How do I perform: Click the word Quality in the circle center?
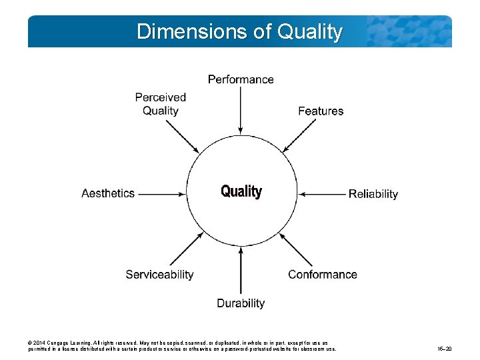[241, 192]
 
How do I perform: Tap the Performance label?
[241, 79]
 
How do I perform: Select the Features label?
[321, 111]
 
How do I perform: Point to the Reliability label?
[373, 194]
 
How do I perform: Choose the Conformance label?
[323, 274]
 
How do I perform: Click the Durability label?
[241, 303]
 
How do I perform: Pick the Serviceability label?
[159, 274]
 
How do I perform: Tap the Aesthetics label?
[108, 193]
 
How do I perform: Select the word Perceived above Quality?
[160, 97]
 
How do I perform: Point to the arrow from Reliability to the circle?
[322, 193]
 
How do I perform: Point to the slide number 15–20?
[445, 349]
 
